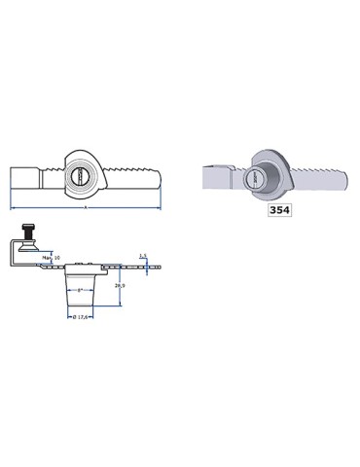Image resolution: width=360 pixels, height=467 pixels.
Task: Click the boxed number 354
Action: pos(279,207)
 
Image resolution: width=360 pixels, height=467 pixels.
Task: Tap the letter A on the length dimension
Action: pos(86,206)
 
